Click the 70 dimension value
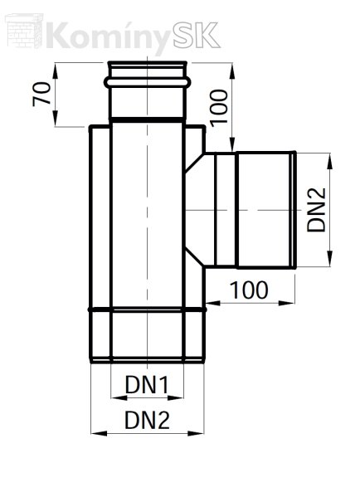(x=41, y=94)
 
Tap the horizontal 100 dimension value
(x=249, y=290)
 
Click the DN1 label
(x=147, y=384)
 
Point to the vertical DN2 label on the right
(x=317, y=210)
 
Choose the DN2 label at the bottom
(x=147, y=420)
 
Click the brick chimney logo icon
(x=24, y=31)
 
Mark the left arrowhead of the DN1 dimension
(x=119, y=397)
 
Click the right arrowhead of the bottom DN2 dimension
(x=197, y=433)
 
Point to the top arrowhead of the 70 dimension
(x=55, y=71)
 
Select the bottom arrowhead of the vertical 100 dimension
(x=232, y=144)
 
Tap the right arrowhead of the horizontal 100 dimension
(x=287, y=304)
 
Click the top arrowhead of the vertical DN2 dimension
(x=330, y=161)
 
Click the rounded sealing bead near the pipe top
(x=148, y=83)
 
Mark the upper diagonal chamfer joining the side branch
(x=193, y=163)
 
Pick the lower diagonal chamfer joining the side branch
(x=194, y=258)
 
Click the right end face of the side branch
(x=294, y=210)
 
